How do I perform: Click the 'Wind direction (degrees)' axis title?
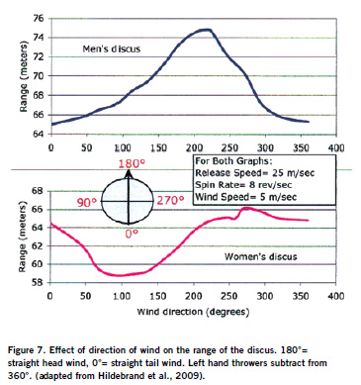point(193,312)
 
